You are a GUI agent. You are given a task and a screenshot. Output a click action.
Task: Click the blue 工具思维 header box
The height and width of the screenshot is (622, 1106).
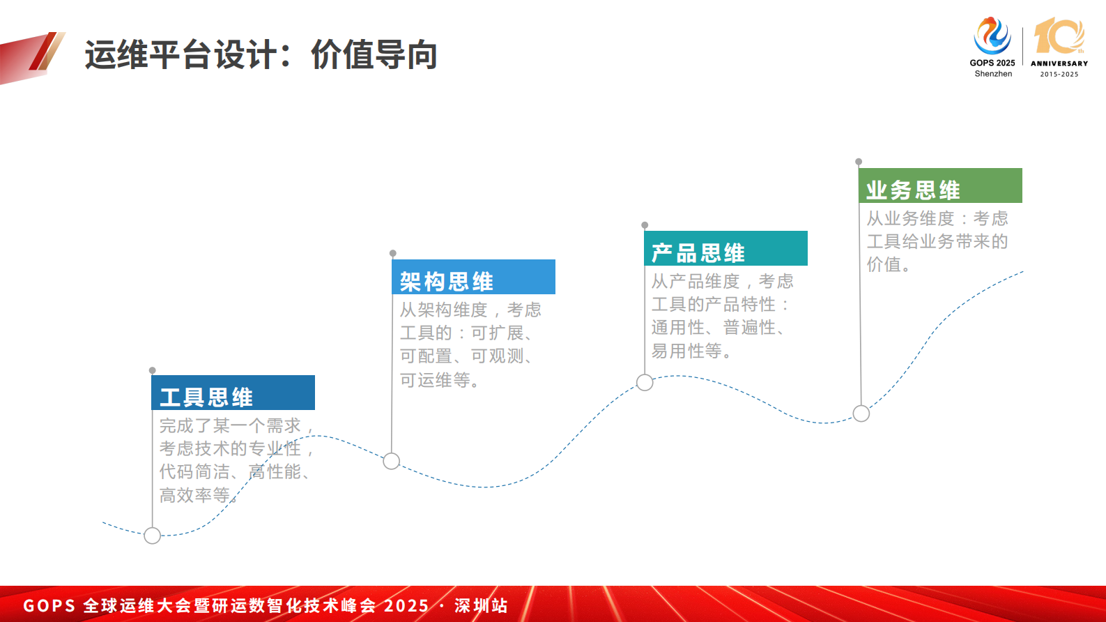tap(233, 393)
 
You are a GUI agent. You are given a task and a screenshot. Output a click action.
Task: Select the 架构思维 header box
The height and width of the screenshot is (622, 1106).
tap(473, 277)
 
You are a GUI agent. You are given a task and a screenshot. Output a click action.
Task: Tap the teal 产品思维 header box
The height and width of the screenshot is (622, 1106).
tap(725, 248)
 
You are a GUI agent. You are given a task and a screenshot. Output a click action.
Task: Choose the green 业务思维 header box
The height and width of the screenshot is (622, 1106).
tap(939, 185)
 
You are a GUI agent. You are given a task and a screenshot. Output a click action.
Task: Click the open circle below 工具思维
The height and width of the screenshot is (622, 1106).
tap(153, 536)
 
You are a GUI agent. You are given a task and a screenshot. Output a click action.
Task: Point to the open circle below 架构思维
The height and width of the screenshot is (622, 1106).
tap(392, 461)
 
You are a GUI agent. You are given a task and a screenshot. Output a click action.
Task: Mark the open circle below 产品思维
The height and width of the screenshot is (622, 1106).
tap(645, 382)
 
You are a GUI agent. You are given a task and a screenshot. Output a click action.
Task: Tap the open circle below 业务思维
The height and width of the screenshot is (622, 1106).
tap(861, 414)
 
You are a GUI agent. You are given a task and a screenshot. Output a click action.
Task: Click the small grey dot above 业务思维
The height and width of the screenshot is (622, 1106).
tap(859, 162)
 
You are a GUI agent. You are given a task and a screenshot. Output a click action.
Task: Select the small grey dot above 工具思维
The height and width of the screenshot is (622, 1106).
tap(153, 370)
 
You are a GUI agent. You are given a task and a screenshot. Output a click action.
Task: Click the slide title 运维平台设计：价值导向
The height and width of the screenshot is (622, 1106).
tap(261, 55)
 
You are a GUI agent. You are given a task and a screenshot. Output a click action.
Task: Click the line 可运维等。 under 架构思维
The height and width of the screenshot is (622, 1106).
tap(439, 381)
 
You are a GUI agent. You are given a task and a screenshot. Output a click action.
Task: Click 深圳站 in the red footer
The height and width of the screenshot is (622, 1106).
tap(481, 605)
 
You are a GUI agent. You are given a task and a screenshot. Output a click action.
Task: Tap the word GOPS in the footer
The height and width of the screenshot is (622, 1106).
tap(49, 605)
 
